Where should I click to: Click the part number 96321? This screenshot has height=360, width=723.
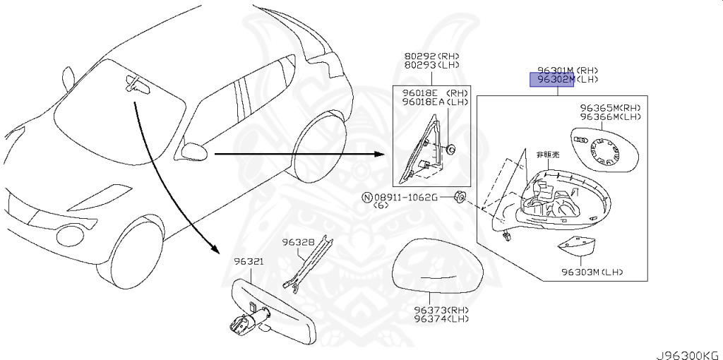coord(249,262)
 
